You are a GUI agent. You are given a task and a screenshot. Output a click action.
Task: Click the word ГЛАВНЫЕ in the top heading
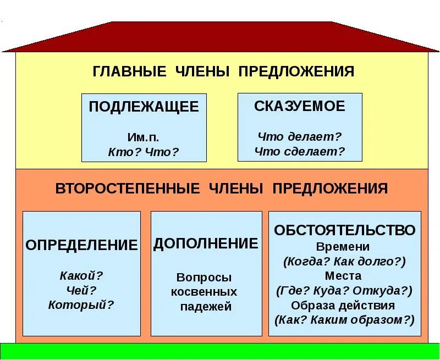129,71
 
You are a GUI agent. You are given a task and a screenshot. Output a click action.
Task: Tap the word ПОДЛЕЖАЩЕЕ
144,107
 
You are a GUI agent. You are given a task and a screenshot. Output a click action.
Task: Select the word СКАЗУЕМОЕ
300,106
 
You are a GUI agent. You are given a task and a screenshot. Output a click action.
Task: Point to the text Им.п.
144,138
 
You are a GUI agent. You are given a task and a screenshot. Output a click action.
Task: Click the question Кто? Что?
144,152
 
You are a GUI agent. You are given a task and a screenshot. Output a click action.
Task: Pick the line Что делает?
300,136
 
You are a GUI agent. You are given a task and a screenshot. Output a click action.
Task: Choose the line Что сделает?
300,151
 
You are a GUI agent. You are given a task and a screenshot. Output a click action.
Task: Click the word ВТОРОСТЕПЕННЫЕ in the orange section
128,189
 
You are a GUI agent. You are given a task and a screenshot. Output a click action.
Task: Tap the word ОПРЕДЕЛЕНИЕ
81,245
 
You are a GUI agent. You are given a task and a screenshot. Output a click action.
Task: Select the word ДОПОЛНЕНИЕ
206,243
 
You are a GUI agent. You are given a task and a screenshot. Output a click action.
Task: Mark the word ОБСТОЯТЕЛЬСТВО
344,230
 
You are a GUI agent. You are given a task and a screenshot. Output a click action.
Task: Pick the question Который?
81,304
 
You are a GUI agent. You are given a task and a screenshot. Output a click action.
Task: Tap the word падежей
206,307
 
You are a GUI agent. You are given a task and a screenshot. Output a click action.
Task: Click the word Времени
343,247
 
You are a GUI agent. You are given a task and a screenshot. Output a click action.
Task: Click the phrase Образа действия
343,305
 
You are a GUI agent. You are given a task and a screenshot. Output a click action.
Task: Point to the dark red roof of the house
220,36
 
